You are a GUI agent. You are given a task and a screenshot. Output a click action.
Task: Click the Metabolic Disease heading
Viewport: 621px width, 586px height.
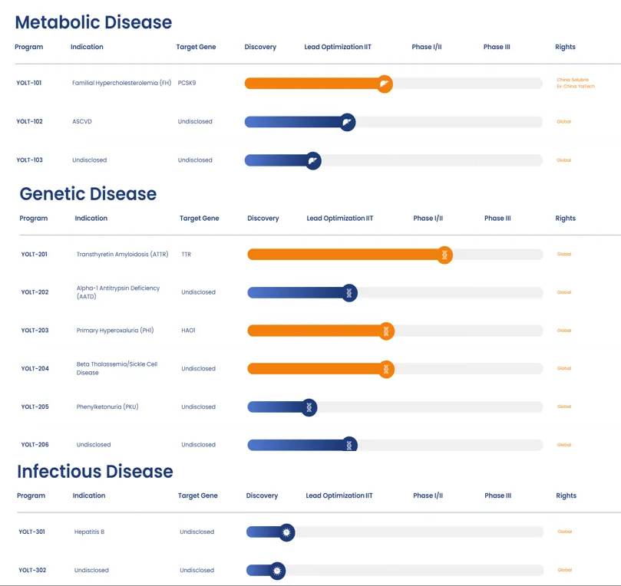(94, 22)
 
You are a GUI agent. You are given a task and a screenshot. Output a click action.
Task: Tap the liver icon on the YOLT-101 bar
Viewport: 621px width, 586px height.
(385, 84)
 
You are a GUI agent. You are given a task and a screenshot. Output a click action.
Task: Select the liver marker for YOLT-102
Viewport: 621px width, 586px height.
(347, 122)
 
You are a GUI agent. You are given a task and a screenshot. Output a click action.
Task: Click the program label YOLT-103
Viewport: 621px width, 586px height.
(29, 160)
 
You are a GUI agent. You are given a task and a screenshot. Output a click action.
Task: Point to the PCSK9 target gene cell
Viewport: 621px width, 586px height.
(187, 83)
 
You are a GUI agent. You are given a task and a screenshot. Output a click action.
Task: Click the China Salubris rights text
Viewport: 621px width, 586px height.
(573, 80)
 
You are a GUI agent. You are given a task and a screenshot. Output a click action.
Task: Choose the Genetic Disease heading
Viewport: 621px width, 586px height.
(88, 194)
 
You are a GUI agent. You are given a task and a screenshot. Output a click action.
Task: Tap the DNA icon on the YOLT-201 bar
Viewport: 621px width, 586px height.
(444, 255)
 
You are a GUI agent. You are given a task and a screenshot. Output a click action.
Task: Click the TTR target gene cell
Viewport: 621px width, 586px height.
(187, 254)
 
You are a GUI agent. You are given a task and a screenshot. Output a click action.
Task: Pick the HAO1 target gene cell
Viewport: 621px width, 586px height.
(189, 331)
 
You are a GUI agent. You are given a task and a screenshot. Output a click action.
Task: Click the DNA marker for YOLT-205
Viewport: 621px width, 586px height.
(309, 407)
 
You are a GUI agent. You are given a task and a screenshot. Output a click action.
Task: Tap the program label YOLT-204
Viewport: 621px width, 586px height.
(35, 368)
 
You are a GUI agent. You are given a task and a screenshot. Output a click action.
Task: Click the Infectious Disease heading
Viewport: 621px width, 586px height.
(95, 472)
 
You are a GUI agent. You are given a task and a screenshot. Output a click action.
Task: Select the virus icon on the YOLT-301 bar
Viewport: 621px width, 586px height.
(286, 532)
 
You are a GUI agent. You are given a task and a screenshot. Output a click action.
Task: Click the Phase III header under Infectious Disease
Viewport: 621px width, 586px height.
(497, 495)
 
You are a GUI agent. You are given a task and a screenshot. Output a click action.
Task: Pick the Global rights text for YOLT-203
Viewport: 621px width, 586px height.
(564, 331)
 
